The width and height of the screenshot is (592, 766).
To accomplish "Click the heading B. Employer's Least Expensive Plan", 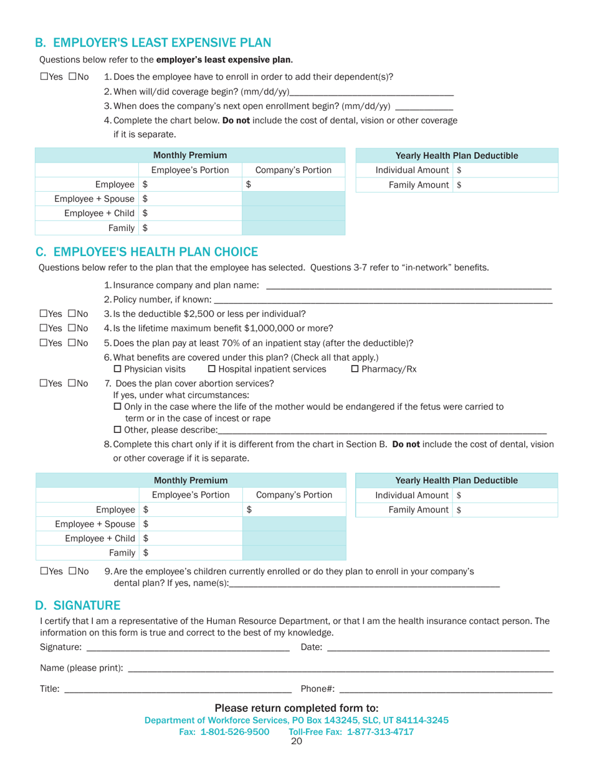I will tap(153, 43).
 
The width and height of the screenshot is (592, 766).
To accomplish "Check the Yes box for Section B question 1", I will tap(44, 77).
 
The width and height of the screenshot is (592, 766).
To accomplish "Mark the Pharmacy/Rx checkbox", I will tap(355, 369).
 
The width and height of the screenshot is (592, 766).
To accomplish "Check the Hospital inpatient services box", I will tap(211, 369).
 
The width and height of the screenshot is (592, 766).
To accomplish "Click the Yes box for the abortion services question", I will tap(44, 384).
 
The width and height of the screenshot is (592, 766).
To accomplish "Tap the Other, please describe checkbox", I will tap(118, 430).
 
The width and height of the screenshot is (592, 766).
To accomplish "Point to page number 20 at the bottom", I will tap(296, 742).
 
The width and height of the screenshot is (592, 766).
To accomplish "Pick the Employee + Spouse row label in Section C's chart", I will tap(95, 524).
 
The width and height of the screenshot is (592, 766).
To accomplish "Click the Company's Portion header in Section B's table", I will tap(294, 170).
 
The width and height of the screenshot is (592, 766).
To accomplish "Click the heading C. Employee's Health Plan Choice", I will tap(146, 252).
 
